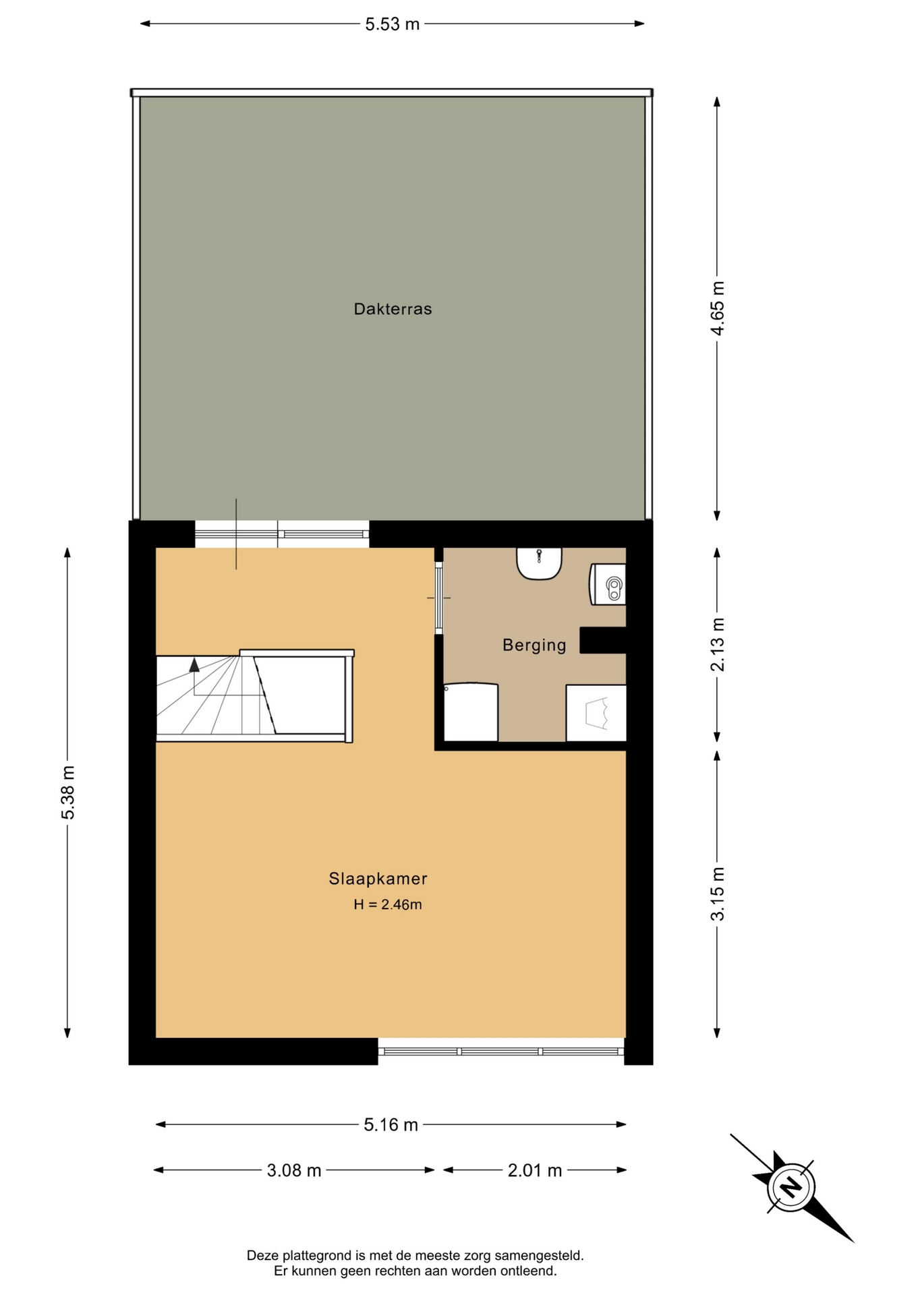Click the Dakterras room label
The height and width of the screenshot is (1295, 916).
pyautogui.click(x=393, y=309)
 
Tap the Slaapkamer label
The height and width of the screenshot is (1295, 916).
pyautogui.click(x=378, y=878)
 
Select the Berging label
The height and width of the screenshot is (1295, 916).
pyautogui.click(x=534, y=645)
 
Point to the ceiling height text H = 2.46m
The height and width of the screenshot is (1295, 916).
pyautogui.click(x=388, y=904)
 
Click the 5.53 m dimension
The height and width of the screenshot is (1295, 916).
pyautogui.click(x=393, y=24)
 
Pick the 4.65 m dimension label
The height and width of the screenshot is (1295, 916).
pyautogui.click(x=718, y=308)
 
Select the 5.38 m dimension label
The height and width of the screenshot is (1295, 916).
pyautogui.click(x=67, y=793)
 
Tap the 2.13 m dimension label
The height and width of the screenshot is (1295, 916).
pyautogui.click(x=718, y=644)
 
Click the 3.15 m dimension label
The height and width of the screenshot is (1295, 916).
pyautogui.click(x=718, y=894)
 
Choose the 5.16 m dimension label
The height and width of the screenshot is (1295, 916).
pyautogui.click(x=391, y=1124)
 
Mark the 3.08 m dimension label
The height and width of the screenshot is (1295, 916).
pyautogui.click(x=294, y=1170)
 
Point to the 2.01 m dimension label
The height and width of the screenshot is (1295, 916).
pyautogui.click(x=535, y=1170)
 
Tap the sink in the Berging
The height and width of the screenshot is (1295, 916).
pyautogui.click(x=539, y=563)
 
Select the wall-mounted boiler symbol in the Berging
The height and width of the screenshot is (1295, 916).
pyautogui.click(x=608, y=584)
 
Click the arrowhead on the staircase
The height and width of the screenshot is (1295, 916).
pyautogui.click(x=194, y=664)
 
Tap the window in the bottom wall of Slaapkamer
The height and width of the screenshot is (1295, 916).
pyautogui.click(x=501, y=1051)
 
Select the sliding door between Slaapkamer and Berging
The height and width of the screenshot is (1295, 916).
pyautogui.click(x=438, y=598)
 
